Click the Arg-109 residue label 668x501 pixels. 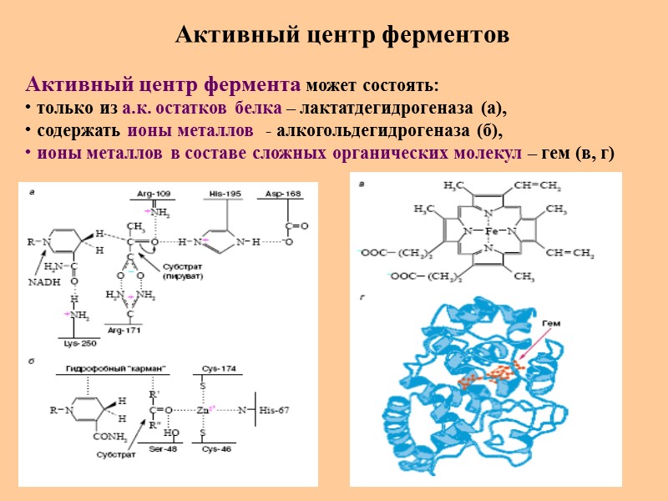pos(152,194)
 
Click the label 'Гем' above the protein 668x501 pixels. pos(551,323)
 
